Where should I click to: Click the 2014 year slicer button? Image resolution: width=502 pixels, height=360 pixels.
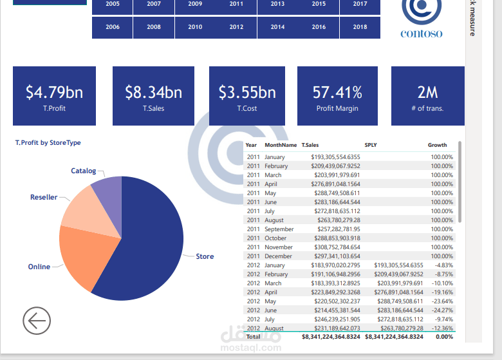click(277, 27)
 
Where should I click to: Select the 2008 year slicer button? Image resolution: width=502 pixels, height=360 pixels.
click(154, 27)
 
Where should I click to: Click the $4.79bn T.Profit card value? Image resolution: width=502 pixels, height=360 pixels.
click(55, 92)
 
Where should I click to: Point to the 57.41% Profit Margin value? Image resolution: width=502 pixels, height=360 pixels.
click(337, 92)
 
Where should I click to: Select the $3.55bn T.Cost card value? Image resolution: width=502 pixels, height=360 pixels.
click(247, 92)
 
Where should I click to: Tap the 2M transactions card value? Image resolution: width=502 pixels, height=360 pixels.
click(428, 92)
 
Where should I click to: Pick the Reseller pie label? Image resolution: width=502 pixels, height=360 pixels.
click(44, 197)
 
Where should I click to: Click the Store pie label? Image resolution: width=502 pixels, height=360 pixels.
click(205, 256)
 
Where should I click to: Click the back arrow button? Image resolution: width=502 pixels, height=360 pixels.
click(37, 321)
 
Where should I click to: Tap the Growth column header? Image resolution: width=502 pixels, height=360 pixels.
click(438, 145)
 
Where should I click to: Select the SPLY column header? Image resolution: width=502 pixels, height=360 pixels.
click(371, 145)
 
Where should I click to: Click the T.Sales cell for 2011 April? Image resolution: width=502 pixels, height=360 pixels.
click(335, 184)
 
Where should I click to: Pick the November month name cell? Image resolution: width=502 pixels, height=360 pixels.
click(279, 247)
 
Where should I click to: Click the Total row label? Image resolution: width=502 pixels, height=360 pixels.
click(253, 337)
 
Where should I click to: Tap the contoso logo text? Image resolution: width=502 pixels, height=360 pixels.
click(422, 33)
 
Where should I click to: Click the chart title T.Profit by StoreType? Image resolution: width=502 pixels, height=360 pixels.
click(48, 143)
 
